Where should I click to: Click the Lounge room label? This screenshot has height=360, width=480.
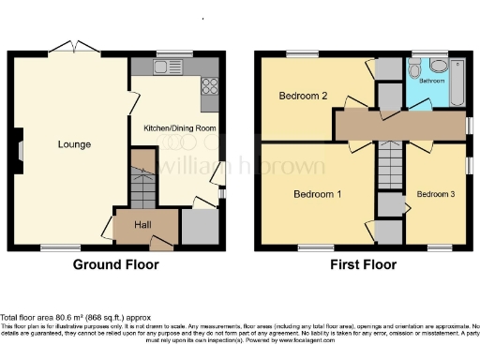tap(74, 144)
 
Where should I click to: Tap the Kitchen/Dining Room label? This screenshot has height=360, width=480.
tap(179, 127)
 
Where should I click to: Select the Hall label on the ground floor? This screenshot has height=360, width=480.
tap(143, 225)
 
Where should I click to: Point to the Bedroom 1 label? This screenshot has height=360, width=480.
tap(317, 194)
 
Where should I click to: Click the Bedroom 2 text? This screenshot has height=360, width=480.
tap(303, 96)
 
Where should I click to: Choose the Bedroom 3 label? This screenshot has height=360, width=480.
tap(436, 194)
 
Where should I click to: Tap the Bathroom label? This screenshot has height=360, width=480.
tap(431, 82)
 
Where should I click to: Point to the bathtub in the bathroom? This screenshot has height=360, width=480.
tap(457, 82)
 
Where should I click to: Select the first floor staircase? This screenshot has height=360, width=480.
tap(388, 170)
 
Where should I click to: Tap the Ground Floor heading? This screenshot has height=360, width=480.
tap(115, 264)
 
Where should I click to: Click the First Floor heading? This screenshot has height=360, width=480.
tap(363, 264)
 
